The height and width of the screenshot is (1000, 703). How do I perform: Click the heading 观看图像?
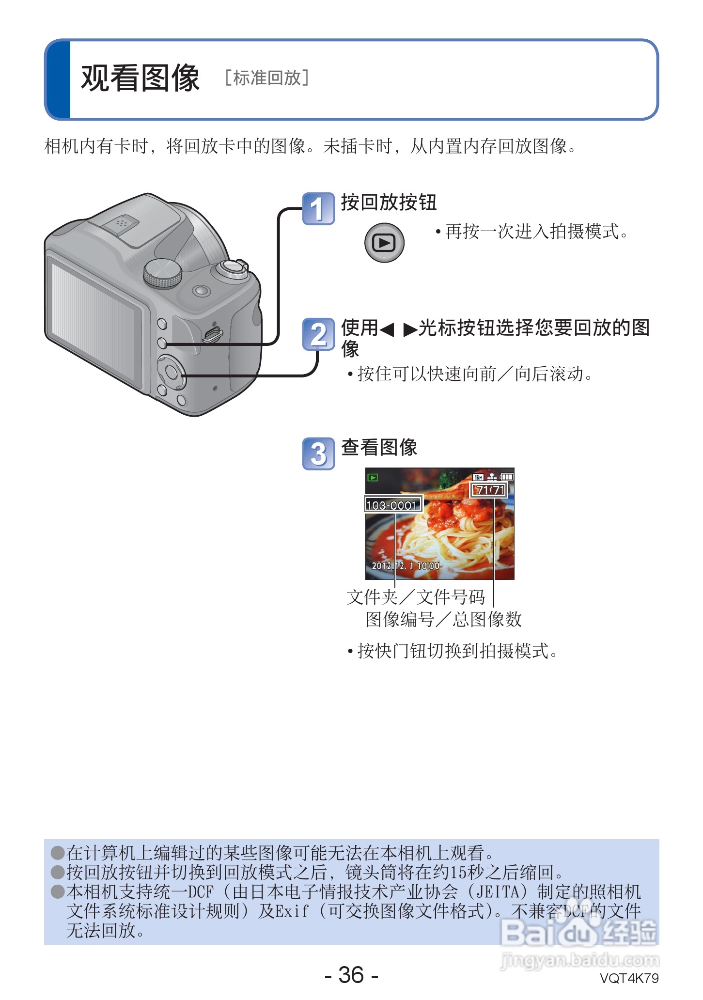click(x=140, y=78)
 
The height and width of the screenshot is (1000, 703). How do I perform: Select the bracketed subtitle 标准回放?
click(x=267, y=78)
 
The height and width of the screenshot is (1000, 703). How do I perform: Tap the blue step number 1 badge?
click(x=318, y=209)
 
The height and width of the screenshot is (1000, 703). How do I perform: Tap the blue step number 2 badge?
click(x=318, y=334)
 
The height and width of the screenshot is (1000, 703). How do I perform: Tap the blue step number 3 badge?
click(x=318, y=454)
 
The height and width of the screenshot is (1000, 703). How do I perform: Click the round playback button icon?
click(x=384, y=242)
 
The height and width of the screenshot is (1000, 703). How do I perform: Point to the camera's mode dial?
click(x=163, y=273)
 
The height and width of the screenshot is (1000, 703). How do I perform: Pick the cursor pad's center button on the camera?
click(x=171, y=372)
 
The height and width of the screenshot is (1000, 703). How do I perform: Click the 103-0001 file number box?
click(x=393, y=505)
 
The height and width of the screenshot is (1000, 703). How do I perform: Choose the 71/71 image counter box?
click(x=489, y=490)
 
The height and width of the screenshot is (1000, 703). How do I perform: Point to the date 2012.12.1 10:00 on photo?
click(x=406, y=565)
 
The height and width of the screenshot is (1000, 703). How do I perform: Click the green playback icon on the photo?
click(x=373, y=478)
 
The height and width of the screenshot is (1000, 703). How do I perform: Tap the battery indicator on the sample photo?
click(x=507, y=477)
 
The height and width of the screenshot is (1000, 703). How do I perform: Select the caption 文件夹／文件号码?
click(x=416, y=597)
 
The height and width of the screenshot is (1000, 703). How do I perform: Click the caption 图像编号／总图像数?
click(x=443, y=619)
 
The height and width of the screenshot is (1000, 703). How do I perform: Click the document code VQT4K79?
click(x=629, y=978)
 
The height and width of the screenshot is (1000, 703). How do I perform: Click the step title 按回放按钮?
click(x=389, y=203)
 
